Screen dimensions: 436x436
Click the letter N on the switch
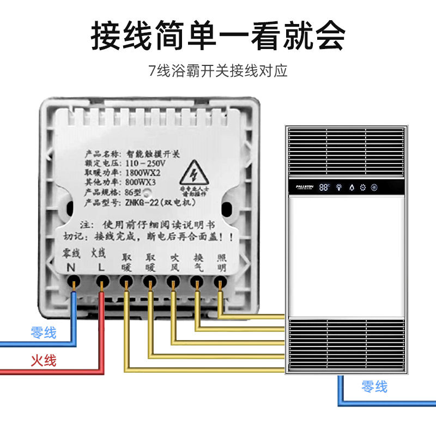71,268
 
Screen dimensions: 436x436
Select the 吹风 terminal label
173,262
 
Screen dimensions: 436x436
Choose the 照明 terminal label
221,262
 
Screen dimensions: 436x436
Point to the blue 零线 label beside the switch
44,332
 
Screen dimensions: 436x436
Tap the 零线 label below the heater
374,387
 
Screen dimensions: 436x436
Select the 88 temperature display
325,187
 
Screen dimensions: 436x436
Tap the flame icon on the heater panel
352,187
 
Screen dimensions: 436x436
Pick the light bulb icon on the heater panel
339,187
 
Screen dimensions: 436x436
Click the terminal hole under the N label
74,282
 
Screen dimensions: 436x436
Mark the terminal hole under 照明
220,282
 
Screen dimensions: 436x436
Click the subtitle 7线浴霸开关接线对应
218,71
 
